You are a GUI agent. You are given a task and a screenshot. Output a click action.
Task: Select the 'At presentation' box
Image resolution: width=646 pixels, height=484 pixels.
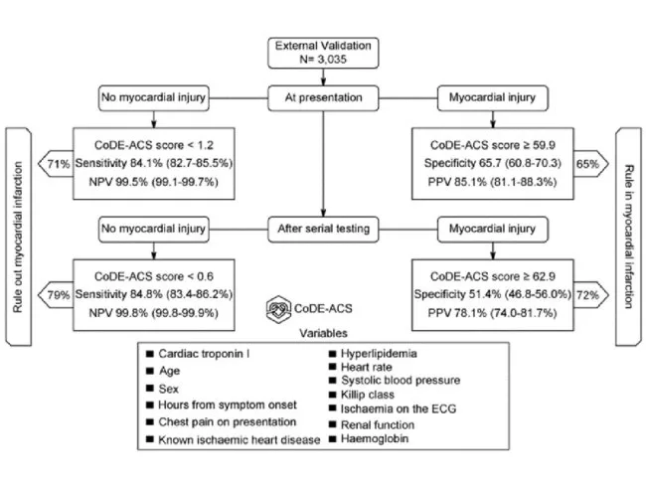[324, 98]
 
